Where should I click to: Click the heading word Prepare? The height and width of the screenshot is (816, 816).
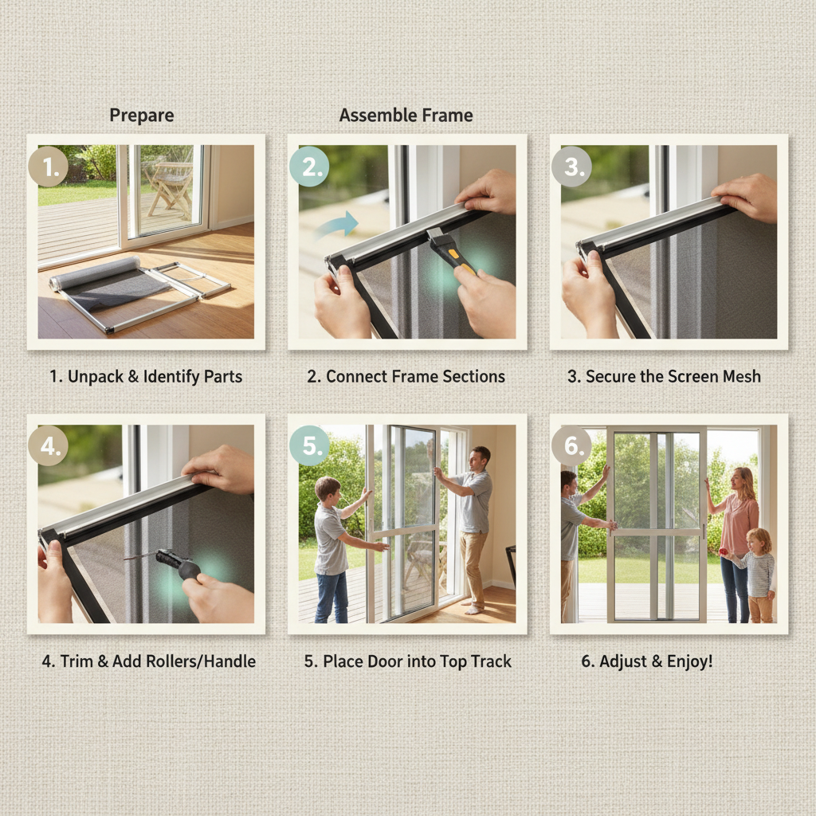pos(142,116)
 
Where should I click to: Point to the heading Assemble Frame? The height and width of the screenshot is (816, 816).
pos(406,116)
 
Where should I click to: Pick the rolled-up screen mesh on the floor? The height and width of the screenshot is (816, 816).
pos(94,273)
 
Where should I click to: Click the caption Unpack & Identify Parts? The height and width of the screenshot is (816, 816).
pos(146,376)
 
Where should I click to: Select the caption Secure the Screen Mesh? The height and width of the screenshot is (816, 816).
pos(664,376)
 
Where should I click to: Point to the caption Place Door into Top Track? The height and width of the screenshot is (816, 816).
pos(407,661)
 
